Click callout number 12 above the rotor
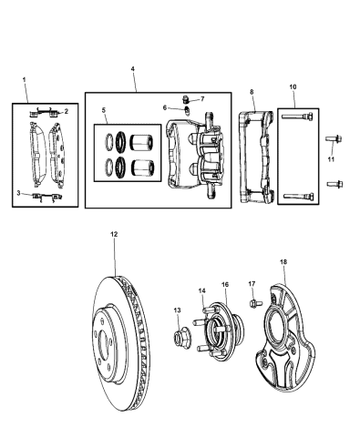click(x=114, y=235)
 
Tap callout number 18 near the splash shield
click(x=283, y=262)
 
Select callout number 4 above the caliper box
click(x=133, y=69)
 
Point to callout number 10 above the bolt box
click(x=293, y=87)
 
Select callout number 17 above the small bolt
click(x=252, y=283)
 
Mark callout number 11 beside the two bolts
click(x=332, y=158)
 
